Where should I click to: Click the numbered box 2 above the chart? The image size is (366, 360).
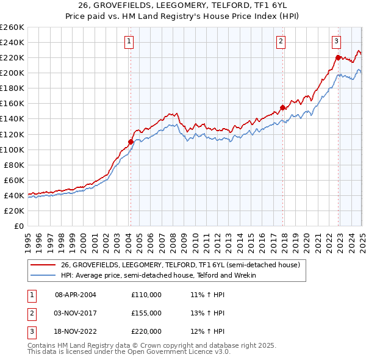point(281,41)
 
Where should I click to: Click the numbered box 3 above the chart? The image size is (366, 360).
point(336,41)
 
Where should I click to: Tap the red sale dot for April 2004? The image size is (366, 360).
point(131,142)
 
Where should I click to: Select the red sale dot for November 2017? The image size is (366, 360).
point(282,107)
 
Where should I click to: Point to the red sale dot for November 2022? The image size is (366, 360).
point(338,57)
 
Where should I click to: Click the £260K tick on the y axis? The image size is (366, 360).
point(12,27)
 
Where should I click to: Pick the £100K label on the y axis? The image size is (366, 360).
point(12,149)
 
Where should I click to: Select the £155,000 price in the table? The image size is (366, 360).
point(146,313)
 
